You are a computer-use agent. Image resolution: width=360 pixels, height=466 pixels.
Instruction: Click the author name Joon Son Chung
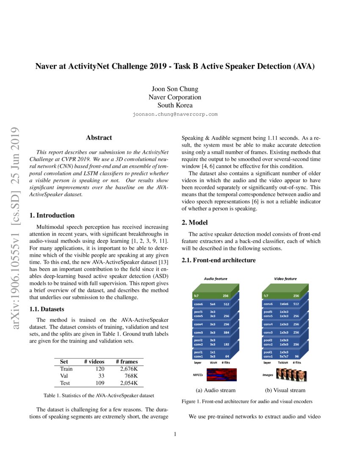coord(174,89)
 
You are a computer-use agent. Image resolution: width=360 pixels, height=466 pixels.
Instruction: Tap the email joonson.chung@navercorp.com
coord(174,114)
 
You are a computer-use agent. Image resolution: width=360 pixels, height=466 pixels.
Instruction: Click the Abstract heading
coord(99,137)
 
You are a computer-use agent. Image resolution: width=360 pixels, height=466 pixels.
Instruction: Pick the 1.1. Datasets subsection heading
coord(46,309)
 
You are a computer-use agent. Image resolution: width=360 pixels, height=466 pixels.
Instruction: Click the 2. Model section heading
coord(194,222)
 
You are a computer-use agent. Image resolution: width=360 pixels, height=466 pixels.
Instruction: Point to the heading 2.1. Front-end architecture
coord(219,260)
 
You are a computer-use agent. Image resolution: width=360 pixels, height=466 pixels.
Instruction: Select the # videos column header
coord(94,361)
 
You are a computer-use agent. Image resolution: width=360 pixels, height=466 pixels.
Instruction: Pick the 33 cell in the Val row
coord(101,376)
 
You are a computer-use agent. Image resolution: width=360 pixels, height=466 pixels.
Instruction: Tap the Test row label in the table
coord(66,383)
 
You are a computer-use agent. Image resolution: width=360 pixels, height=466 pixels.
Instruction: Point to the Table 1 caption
coord(99,395)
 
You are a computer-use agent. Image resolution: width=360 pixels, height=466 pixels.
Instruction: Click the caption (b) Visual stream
coord(285,390)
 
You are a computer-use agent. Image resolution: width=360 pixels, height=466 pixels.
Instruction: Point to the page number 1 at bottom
coord(175,433)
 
